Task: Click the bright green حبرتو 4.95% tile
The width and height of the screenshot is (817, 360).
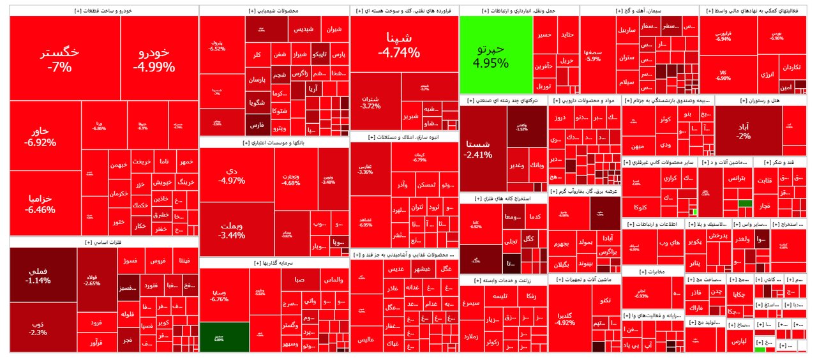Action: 496,56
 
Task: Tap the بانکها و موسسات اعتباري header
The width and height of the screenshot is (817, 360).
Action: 274,143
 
